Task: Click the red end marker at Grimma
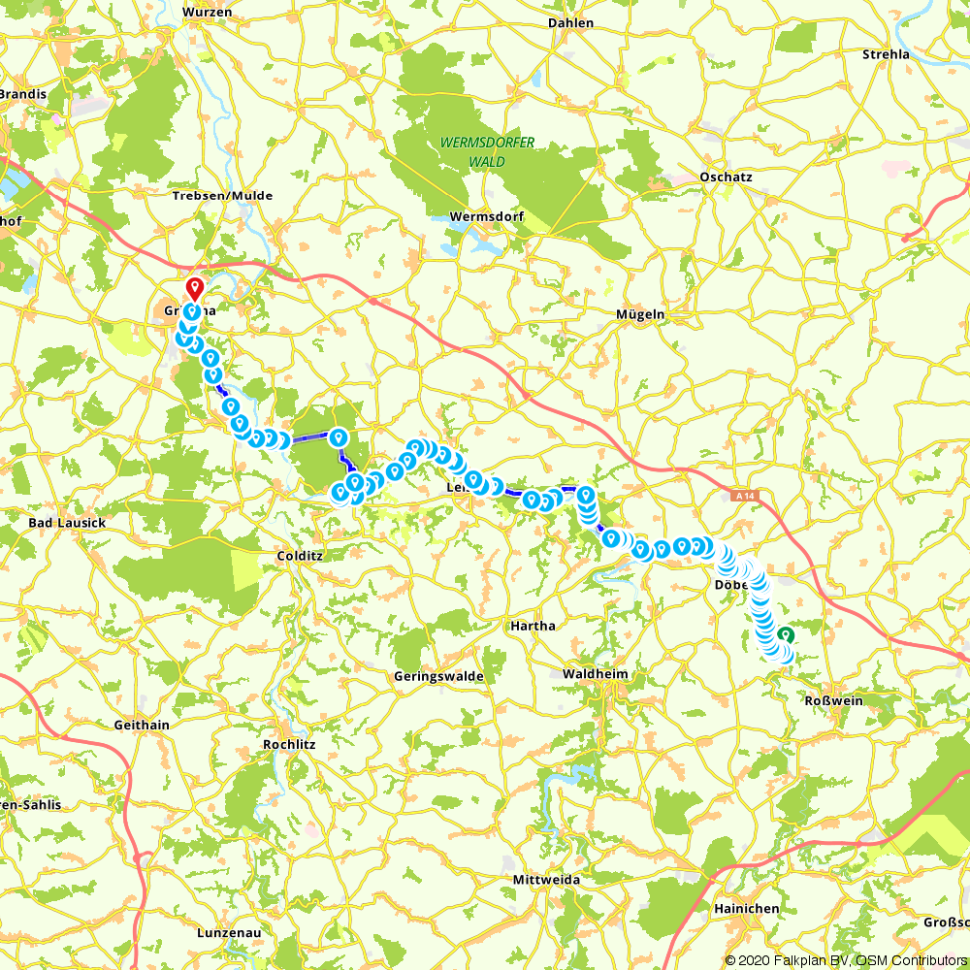point(194,289)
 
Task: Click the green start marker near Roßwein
point(784,634)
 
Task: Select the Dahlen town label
point(570,22)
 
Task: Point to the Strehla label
point(886,54)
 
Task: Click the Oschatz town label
point(726,178)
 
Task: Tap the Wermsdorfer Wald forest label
point(487,152)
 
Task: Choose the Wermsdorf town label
point(487,216)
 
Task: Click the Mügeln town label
point(640,314)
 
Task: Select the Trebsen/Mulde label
point(222,196)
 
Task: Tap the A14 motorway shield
point(743,496)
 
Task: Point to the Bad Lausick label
point(67,523)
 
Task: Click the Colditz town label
point(299,556)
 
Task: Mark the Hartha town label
point(533,627)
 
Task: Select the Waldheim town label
point(596,674)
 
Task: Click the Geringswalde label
point(437,677)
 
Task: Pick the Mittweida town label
point(546,880)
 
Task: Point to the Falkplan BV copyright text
point(805,960)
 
